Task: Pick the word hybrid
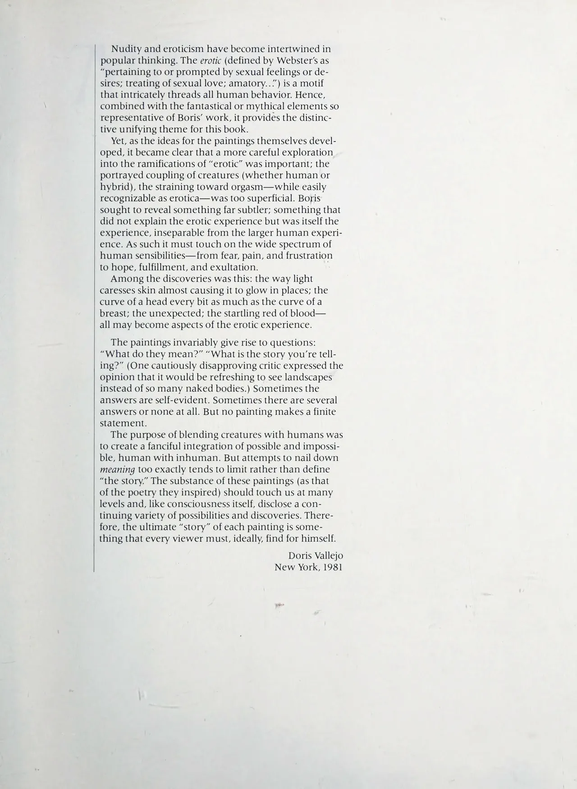point(115,187)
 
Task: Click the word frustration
point(306,256)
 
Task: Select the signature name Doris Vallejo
point(316,556)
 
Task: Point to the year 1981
point(333,567)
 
